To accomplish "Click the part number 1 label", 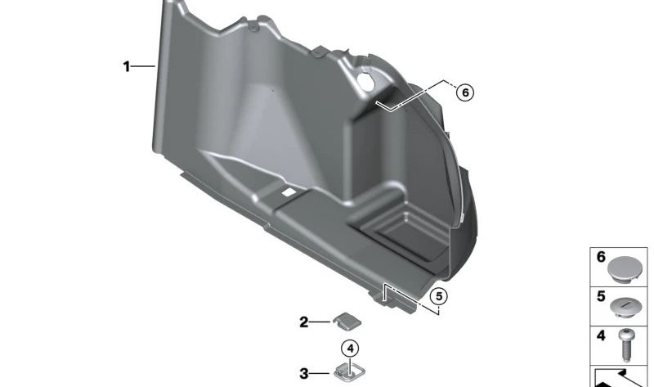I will [127, 67].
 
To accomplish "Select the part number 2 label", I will [303, 322].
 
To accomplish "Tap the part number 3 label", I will [303, 374].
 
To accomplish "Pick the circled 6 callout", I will [464, 92].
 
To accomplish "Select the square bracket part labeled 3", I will [347, 374].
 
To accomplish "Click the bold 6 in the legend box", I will [600, 257].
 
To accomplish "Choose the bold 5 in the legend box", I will [600, 295].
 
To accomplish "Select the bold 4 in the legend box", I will [600, 335].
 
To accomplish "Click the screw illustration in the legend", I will [628, 344].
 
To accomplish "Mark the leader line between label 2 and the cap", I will [320, 322].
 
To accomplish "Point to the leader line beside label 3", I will [320, 374].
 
